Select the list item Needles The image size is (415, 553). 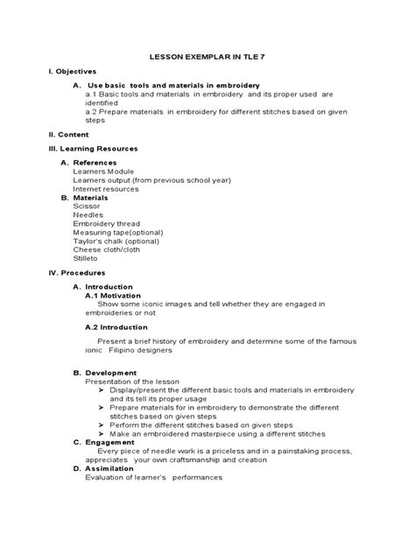[88, 214]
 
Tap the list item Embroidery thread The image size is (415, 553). [108, 223]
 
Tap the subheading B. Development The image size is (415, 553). [100, 373]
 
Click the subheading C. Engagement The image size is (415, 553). [101, 442]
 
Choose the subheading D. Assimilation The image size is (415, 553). [101, 468]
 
